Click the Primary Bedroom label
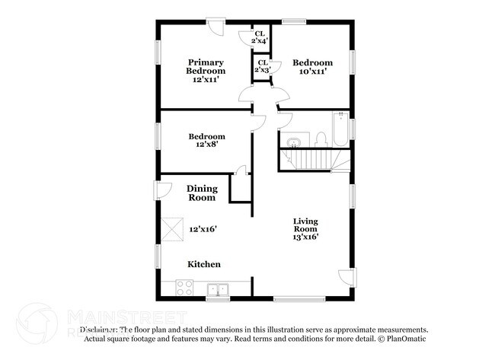click(206, 66)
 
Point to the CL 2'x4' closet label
click(260, 38)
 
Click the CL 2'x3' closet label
click(262, 66)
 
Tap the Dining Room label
click(203, 193)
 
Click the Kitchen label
click(205, 264)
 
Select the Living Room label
click(305, 225)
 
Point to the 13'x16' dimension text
click(305, 237)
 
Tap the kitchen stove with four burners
click(184, 288)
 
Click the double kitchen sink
click(219, 288)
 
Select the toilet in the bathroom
click(321, 139)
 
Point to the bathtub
click(340, 129)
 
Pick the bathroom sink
click(293, 140)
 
